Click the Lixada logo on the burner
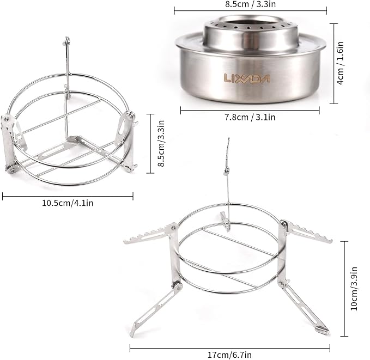[247, 78]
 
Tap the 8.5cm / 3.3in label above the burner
[250, 4]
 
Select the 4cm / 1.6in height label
[340, 63]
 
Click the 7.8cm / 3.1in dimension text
[250, 117]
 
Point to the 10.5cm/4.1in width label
[68, 203]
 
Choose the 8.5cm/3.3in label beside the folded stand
[161, 143]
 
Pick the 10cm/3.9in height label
[354, 289]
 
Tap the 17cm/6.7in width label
[229, 355]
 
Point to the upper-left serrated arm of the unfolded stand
[150, 235]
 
